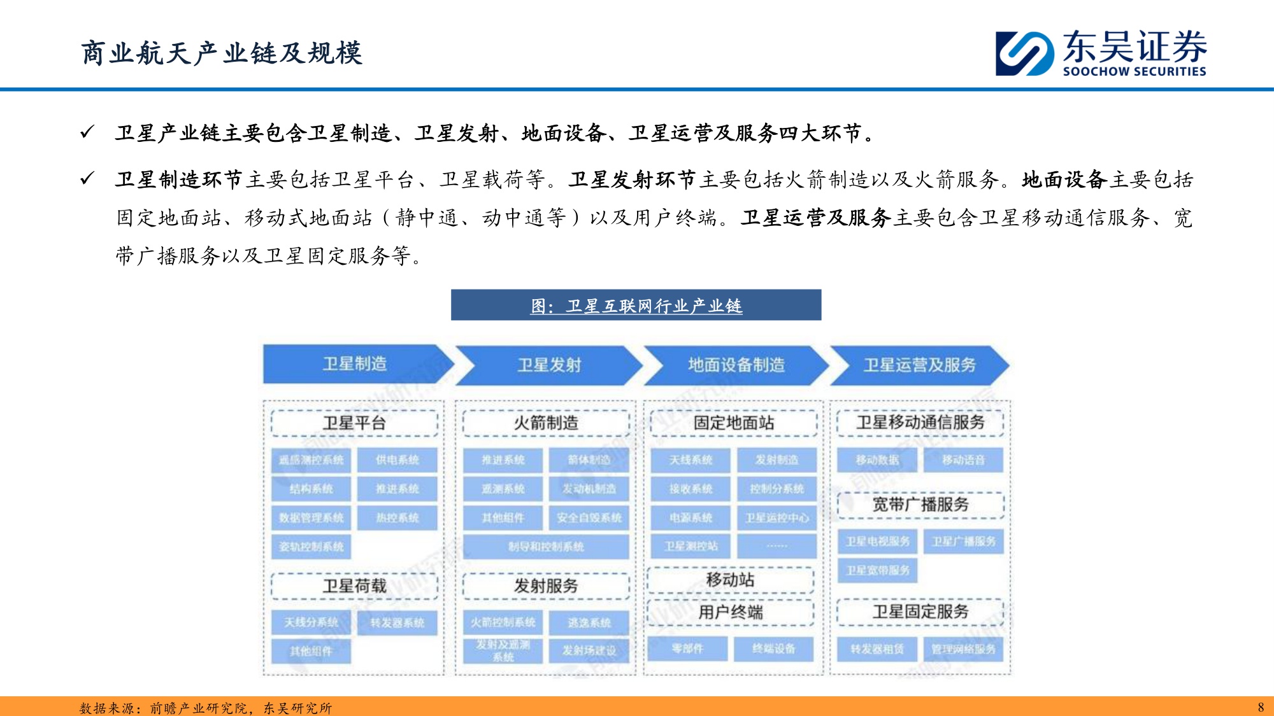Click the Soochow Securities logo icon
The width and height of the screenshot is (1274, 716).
click(1024, 53)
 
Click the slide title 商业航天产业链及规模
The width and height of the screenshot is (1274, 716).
click(222, 53)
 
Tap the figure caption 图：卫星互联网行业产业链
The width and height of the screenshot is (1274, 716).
click(636, 305)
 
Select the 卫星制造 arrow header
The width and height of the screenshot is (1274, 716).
click(354, 364)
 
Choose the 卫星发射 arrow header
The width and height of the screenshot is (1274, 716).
click(549, 365)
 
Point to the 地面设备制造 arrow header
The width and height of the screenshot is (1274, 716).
click(736, 365)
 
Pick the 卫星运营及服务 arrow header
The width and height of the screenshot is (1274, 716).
click(919, 365)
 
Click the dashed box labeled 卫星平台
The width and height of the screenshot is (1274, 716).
click(354, 423)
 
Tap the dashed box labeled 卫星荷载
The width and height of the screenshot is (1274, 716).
click(354, 586)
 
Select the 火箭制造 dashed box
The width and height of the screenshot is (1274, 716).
click(546, 423)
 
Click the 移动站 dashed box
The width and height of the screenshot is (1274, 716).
click(730, 580)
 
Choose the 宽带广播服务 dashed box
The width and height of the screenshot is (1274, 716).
click(920, 505)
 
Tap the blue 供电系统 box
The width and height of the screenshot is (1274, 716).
click(397, 460)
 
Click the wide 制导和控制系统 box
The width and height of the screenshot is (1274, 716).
click(546, 546)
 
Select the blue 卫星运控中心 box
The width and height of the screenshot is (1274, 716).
click(777, 517)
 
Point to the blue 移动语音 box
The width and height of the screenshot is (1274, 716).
click(963, 460)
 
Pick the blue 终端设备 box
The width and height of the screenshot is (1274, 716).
click(773, 649)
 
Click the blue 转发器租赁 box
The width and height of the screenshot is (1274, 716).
click(877, 649)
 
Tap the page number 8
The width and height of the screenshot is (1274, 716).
click(1261, 707)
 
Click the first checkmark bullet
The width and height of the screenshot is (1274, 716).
click(87, 132)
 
